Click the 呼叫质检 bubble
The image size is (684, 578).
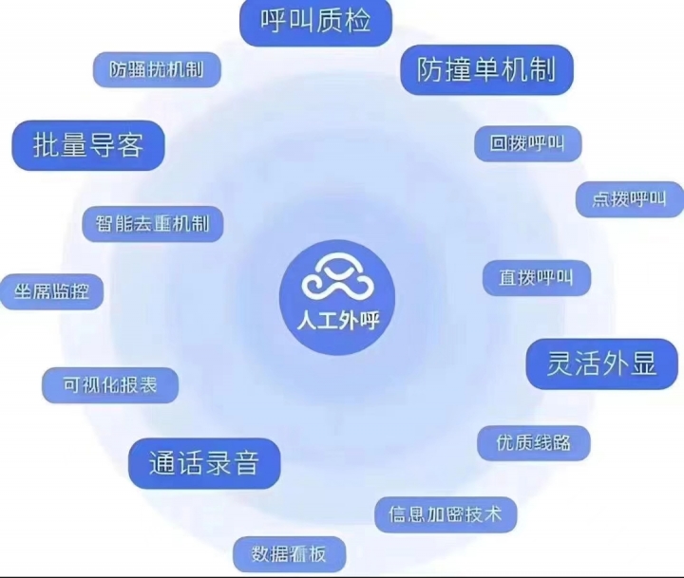(x=315, y=22)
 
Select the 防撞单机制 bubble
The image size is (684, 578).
(x=486, y=69)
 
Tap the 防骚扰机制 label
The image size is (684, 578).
(x=157, y=69)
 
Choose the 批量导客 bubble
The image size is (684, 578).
(x=88, y=145)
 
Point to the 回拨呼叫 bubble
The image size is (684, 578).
(x=528, y=143)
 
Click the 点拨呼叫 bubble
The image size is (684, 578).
(x=630, y=199)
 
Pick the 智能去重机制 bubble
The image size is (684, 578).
(x=153, y=224)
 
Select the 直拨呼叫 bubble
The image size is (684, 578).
(x=537, y=277)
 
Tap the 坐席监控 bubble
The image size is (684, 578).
(x=51, y=291)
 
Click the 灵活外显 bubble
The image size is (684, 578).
(x=601, y=364)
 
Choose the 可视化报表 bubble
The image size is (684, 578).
(x=110, y=385)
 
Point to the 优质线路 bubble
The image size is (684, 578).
(x=534, y=443)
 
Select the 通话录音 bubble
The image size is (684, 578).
(x=204, y=463)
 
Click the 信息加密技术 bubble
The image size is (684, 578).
(x=446, y=514)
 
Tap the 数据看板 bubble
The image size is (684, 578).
(x=289, y=554)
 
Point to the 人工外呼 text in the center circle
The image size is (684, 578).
(x=338, y=321)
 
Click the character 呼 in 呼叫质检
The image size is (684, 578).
(x=274, y=21)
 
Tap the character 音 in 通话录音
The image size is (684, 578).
(x=246, y=463)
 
